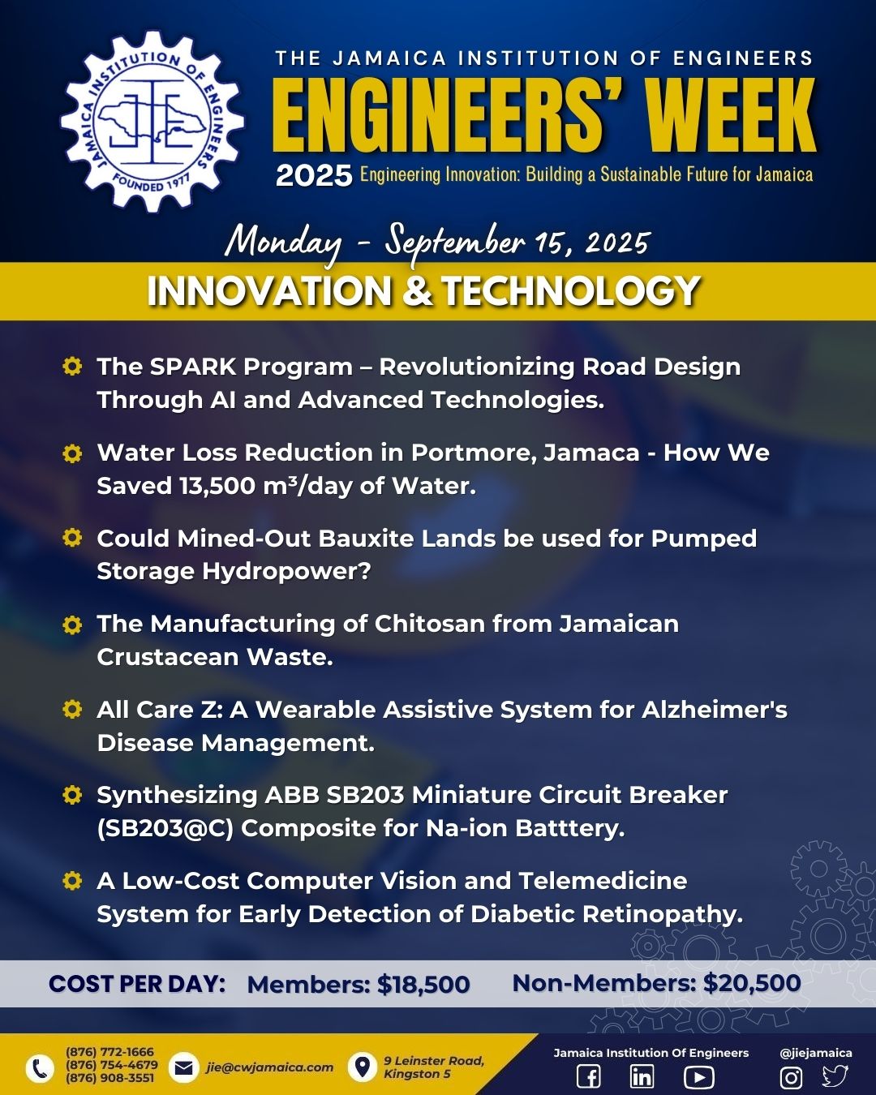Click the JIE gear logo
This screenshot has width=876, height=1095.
click(x=152, y=122)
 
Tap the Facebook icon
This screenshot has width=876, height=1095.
click(x=589, y=1076)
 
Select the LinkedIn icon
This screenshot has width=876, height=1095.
click(x=642, y=1076)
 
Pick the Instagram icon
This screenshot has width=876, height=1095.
click(x=791, y=1077)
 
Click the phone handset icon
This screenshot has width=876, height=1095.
click(x=40, y=1068)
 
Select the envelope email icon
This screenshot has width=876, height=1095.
click(x=183, y=1067)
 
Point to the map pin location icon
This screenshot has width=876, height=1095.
click(x=362, y=1067)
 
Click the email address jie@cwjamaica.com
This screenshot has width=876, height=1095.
click(x=270, y=1067)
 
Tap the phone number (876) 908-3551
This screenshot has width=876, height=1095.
click(x=109, y=1079)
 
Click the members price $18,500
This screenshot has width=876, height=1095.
click(x=423, y=985)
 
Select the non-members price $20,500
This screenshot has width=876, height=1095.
click(x=752, y=983)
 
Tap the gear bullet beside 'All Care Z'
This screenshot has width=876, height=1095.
click(x=71, y=709)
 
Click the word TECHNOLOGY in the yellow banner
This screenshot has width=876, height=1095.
click(x=570, y=291)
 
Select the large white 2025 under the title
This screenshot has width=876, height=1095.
click(x=314, y=176)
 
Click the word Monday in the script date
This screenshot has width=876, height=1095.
click(x=284, y=243)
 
